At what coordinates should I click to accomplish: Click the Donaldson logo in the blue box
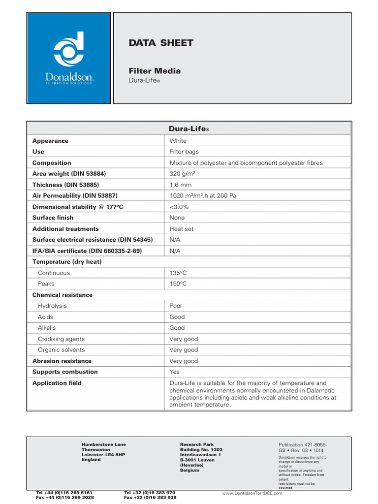point(69,58)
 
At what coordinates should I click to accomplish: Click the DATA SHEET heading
point(160,43)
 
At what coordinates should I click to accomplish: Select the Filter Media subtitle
point(154,71)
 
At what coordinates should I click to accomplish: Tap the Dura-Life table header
point(189,129)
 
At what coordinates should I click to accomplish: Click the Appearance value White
point(178,141)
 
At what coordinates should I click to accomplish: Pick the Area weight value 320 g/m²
point(183,174)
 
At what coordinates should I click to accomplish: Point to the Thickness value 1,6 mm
point(180,185)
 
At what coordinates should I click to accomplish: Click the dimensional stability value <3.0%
point(179,207)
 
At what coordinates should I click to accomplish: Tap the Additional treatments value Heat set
point(182,229)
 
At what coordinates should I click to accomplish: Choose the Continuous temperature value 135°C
point(178,273)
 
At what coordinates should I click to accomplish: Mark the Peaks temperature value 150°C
point(178,283)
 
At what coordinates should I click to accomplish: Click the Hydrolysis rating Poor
point(176,306)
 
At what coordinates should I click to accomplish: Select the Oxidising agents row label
point(61,339)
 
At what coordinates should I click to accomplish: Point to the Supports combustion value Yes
point(175,372)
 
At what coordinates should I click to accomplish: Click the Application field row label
point(57,383)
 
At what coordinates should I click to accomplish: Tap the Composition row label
point(52,163)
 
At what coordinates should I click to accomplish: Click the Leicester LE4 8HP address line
point(103,455)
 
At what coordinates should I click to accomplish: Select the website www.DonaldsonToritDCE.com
point(252,493)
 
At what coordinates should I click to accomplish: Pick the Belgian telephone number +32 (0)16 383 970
point(150,492)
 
